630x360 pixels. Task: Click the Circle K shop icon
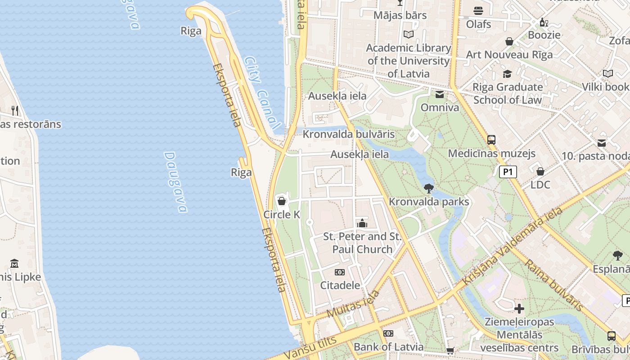[x=282, y=201]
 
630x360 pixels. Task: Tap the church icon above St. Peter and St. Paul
[x=362, y=223]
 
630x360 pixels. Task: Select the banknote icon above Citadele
[x=340, y=272]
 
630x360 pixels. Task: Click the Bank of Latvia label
[x=388, y=346]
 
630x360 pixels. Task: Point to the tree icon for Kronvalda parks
[x=428, y=188]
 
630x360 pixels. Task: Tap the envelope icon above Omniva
[x=439, y=94]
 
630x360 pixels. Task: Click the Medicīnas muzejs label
[x=491, y=153]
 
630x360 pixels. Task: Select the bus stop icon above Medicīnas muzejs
[x=491, y=139]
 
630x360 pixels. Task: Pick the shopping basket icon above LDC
[x=540, y=171]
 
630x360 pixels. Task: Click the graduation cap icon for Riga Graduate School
[x=507, y=74]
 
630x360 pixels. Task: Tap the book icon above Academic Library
[x=408, y=34]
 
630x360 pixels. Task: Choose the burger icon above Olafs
[x=478, y=10]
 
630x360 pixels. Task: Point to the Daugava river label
[x=175, y=182]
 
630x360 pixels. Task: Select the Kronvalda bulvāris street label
[x=348, y=134]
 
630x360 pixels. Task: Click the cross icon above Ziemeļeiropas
[x=519, y=309]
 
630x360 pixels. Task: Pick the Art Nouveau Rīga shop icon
[x=509, y=41]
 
